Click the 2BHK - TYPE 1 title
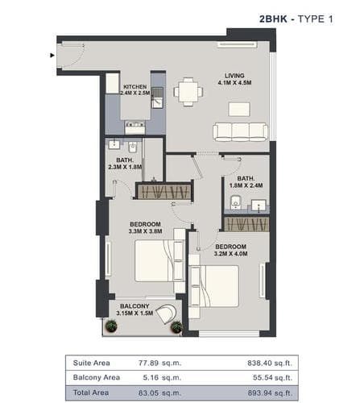tap(296, 19)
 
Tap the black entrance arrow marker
tap(52, 56)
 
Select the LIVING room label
tap(234, 76)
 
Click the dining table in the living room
tap(188, 92)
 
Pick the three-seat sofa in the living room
tap(240, 132)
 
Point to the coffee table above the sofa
tap(239, 110)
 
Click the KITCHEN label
tap(135, 87)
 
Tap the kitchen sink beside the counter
tap(157, 98)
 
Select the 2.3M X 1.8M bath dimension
tap(125, 167)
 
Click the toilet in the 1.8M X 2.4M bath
tap(236, 202)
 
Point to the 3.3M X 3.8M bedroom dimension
tap(145, 231)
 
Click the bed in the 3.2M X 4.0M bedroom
tap(214, 286)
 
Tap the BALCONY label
tap(134, 306)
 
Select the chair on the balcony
tap(167, 314)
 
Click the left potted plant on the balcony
tap(111, 326)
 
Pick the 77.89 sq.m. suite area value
tap(160, 363)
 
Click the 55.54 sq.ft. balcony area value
tap(272, 377)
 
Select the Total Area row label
tap(91, 393)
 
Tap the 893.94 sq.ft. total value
tap(270, 393)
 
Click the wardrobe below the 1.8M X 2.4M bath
tap(246, 224)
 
